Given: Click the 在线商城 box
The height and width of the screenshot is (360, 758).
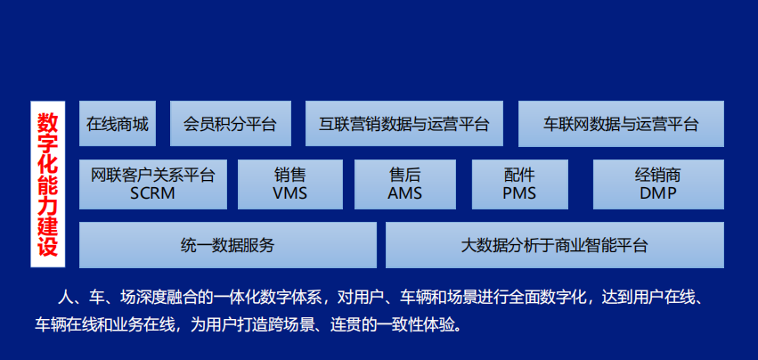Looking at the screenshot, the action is point(118,123).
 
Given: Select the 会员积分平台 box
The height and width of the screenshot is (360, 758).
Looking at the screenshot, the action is point(231,123).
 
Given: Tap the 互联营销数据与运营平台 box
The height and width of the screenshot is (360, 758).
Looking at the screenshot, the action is point(404,123).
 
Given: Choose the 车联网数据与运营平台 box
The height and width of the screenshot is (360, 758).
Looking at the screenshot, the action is point(621,123).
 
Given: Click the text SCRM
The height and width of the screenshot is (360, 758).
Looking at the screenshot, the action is point(152,193).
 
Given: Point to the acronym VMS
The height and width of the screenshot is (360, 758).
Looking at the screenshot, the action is point(290,193).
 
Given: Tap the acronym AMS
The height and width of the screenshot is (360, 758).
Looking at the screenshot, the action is point(405,193).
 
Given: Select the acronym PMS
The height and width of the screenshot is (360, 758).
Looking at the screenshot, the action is point(519,193).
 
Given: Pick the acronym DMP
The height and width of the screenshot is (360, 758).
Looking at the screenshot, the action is point(658,193).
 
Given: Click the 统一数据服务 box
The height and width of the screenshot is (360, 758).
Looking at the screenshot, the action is point(228,245).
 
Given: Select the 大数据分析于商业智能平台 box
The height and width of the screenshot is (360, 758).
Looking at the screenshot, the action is point(555,245).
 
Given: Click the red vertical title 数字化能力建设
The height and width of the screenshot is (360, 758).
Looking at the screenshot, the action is point(48,184).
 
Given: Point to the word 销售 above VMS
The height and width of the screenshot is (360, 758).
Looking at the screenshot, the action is point(290,175).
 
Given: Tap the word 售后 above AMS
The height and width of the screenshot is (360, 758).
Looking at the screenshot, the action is point(405,175).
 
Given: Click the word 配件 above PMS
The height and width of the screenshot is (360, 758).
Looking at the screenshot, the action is point(519,175).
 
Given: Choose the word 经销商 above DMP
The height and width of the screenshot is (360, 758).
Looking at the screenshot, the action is point(658,175).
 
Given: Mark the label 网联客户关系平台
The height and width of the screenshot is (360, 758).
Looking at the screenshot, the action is point(153,175).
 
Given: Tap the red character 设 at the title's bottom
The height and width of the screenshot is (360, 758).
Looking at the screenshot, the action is point(48,247).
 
